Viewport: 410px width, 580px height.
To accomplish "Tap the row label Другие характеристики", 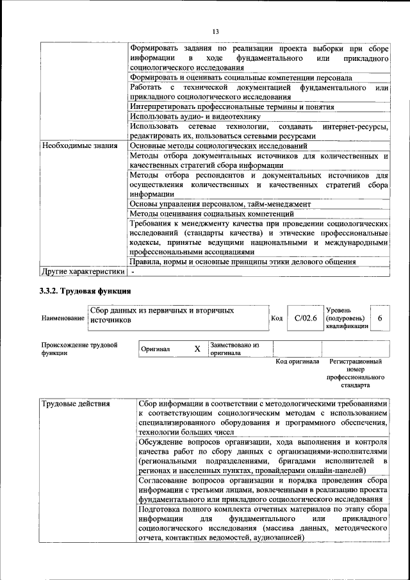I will point(83,271).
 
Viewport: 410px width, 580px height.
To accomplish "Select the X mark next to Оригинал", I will point(197,349).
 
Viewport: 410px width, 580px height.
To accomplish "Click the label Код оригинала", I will point(297,362).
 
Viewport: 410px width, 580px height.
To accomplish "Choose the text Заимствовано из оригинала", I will point(234,349).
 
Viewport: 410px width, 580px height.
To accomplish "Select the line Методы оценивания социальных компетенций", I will point(211,213).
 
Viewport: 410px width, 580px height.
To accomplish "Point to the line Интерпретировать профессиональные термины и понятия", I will point(231,107).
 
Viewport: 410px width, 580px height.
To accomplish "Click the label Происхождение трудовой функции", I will point(79,349).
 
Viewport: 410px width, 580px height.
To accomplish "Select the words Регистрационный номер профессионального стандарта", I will point(356,374).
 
